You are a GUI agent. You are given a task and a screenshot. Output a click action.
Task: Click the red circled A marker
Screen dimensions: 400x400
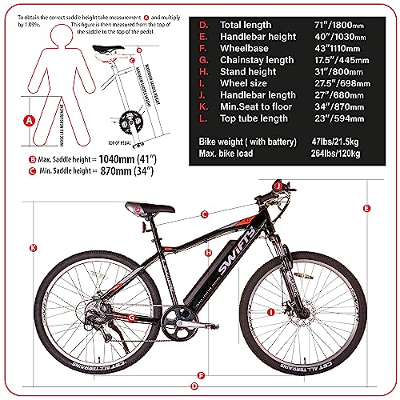tap(29, 122)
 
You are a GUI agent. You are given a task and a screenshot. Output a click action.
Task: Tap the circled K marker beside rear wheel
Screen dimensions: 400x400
tap(31, 247)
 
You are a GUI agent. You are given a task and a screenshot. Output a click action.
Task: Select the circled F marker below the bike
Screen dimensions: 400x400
tap(201, 374)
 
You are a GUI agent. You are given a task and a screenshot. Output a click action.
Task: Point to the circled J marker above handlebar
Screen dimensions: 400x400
tap(278, 185)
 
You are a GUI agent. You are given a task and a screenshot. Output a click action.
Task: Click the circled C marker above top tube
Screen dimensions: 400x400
tap(204, 214)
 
